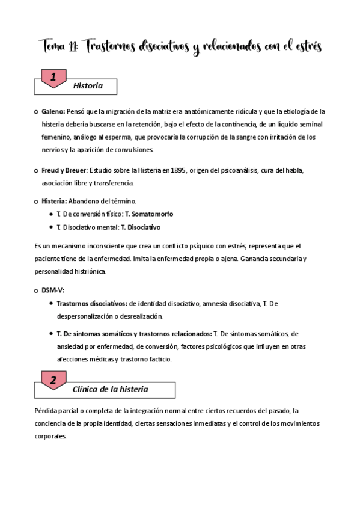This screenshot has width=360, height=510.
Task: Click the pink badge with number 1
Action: [x=53, y=78]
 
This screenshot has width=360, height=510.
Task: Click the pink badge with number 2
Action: [x=53, y=381]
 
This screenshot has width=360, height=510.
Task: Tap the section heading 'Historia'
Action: [x=88, y=86]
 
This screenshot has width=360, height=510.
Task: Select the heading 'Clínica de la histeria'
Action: [x=110, y=389]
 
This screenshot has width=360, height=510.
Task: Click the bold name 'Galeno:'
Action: [x=53, y=111]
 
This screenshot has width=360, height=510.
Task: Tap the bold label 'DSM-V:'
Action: [x=53, y=290]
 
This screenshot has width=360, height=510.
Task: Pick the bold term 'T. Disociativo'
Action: [x=141, y=227]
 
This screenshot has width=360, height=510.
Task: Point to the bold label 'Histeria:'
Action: [x=55, y=200]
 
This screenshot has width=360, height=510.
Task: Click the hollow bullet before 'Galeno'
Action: [x=37, y=111]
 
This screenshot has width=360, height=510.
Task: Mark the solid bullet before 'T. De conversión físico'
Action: [x=49, y=214]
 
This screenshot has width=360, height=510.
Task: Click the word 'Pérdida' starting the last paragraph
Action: [x=46, y=411]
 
